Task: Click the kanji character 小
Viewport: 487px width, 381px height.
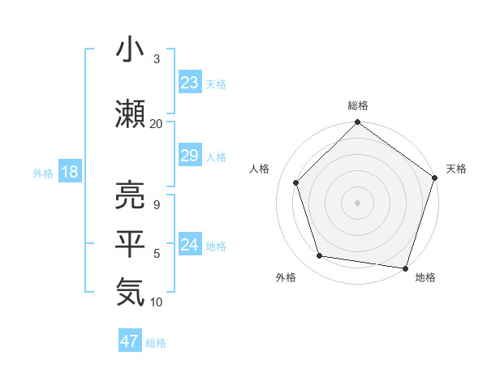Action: pyautogui.click(x=131, y=50)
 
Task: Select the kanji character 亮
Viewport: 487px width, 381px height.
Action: pyautogui.click(x=131, y=195)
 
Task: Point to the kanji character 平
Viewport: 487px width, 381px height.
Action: pyautogui.click(x=131, y=242)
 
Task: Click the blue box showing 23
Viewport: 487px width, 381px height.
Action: pyautogui.click(x=190, y=83)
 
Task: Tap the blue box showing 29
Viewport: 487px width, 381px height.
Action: pyautogui.click(x=190, y=156)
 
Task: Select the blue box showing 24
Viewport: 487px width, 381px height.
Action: pyautogui.click(x=190, y=246)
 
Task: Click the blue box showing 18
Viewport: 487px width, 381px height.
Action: pyautogui.click(x=68, y=173)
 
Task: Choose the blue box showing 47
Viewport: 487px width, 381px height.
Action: pyautogui.click(x=130, y=341)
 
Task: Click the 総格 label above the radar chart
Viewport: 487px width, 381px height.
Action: pyautogui.click(x=358, y=105)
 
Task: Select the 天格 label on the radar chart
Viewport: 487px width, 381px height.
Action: pyautogui.click(x=456, y=169)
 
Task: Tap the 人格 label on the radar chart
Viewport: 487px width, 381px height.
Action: pyautogui.click(x=260, y=169)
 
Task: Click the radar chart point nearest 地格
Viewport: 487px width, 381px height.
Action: pyautogui.click(x=405, y=268)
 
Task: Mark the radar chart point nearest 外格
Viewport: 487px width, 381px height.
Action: pyautogui.click(x=321, y=256)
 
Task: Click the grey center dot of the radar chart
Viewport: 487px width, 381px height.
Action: pyautogui.click(x=357, y=202)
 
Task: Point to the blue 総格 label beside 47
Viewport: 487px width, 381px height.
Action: pyautogui.click(x=156, y=343)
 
